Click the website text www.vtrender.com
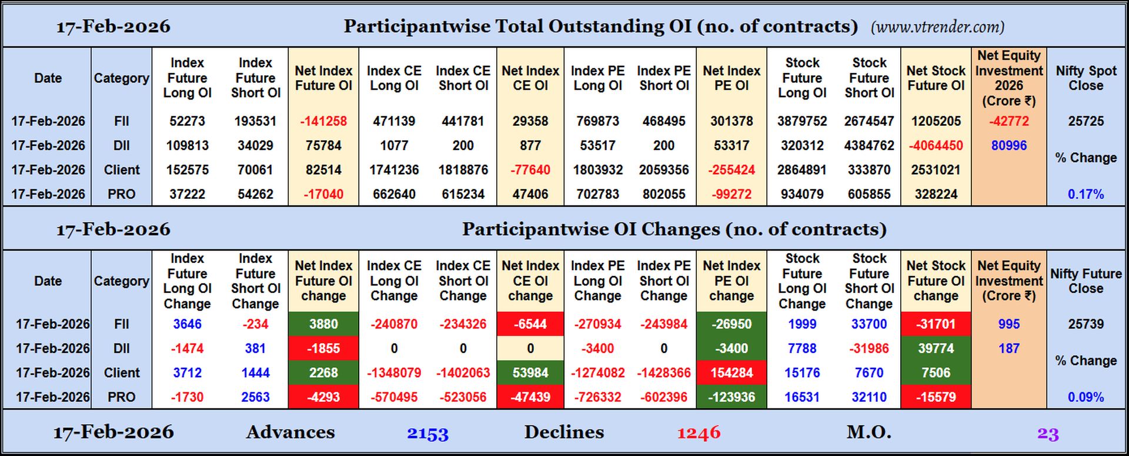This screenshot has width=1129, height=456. (x=937, y=27)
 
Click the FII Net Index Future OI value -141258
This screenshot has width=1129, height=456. (x=323, y=121)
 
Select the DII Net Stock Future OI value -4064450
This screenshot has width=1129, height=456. (x=936, y=145)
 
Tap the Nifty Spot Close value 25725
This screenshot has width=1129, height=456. (x=1085, y=121)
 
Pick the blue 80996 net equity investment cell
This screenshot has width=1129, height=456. (x=1008, y=145)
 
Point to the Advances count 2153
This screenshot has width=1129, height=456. (x=427, y=434)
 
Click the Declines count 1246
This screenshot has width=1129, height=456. (x=699, y=434)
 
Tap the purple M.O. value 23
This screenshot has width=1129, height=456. (x=1048, y=434)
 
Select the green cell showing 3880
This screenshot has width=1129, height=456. (x=323, y=324)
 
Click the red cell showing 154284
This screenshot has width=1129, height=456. (x=731, y=373)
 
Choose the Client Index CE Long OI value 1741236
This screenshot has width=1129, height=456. (x=394, y=170)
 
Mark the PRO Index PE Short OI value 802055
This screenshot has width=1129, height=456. (x=664, y=194)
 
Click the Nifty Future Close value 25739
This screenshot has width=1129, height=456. (x=1085, y=324)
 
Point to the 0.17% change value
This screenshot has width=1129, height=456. (x=1085, y=194)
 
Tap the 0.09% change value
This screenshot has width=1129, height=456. (x=1085, y=397)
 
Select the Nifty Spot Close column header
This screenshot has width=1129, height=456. (x=1085, y=78)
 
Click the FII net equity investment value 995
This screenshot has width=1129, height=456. (x=1008, y=324)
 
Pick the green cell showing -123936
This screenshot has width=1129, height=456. (x=731, y=397)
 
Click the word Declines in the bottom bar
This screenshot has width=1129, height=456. (x=564, y=432)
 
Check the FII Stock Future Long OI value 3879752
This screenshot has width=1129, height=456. (x=802, y=121)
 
